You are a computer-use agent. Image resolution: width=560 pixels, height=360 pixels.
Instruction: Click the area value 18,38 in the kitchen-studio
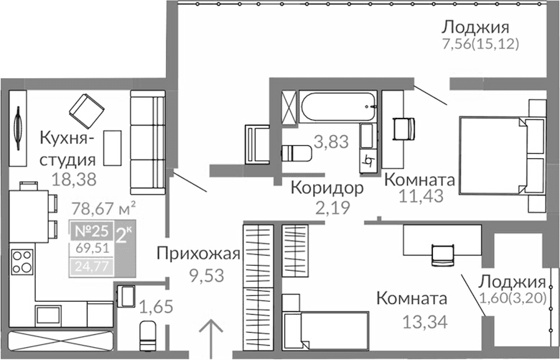[75, 177]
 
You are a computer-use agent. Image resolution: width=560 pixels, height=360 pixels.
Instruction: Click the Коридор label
[327, 188]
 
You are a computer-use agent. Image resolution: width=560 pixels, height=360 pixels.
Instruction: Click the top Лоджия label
[475, 27]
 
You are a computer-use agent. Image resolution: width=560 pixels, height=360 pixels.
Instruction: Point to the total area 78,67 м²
[105, 209]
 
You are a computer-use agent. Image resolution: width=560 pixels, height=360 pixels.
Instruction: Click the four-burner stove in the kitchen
[22, 262]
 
